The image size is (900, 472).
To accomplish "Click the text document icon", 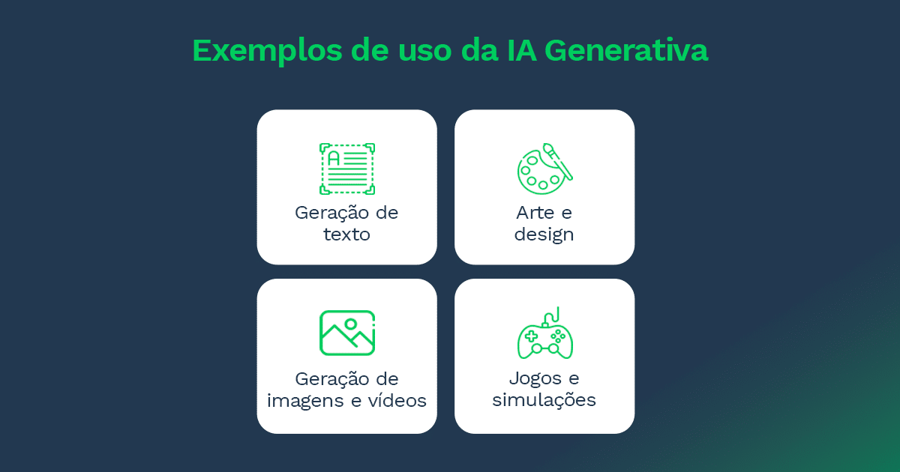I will click(x=346, y=169).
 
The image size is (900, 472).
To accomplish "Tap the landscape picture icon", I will click(x=346, y=333).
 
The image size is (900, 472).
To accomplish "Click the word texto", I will click(x=346, y=235).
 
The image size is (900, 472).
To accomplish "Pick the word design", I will click(x=544, y=235).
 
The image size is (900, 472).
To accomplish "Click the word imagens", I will click(x=306, y=401).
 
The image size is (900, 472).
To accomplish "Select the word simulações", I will click(x=544, y=400).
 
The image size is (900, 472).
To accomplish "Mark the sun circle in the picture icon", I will click(x=350, y=324).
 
